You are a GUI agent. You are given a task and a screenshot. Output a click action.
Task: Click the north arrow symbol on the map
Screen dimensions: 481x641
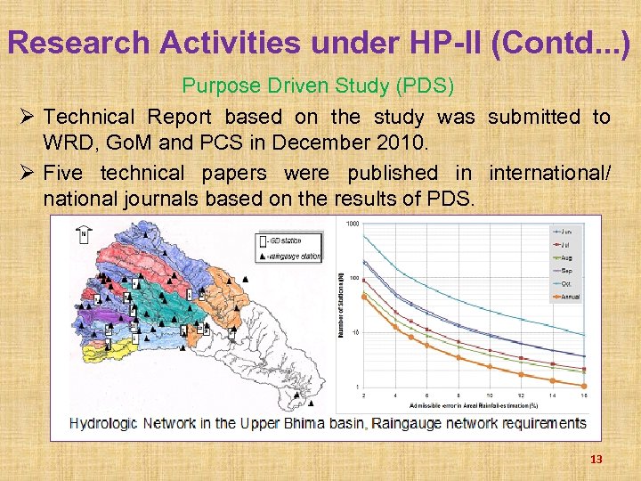83,233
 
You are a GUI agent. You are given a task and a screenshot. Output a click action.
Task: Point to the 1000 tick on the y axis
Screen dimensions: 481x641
353,224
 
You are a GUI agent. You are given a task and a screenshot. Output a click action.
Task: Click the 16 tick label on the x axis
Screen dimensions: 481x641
583,394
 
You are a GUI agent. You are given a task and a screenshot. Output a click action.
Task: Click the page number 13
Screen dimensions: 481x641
596,459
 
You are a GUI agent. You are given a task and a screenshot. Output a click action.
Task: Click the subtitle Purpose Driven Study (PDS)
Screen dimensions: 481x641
318,86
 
